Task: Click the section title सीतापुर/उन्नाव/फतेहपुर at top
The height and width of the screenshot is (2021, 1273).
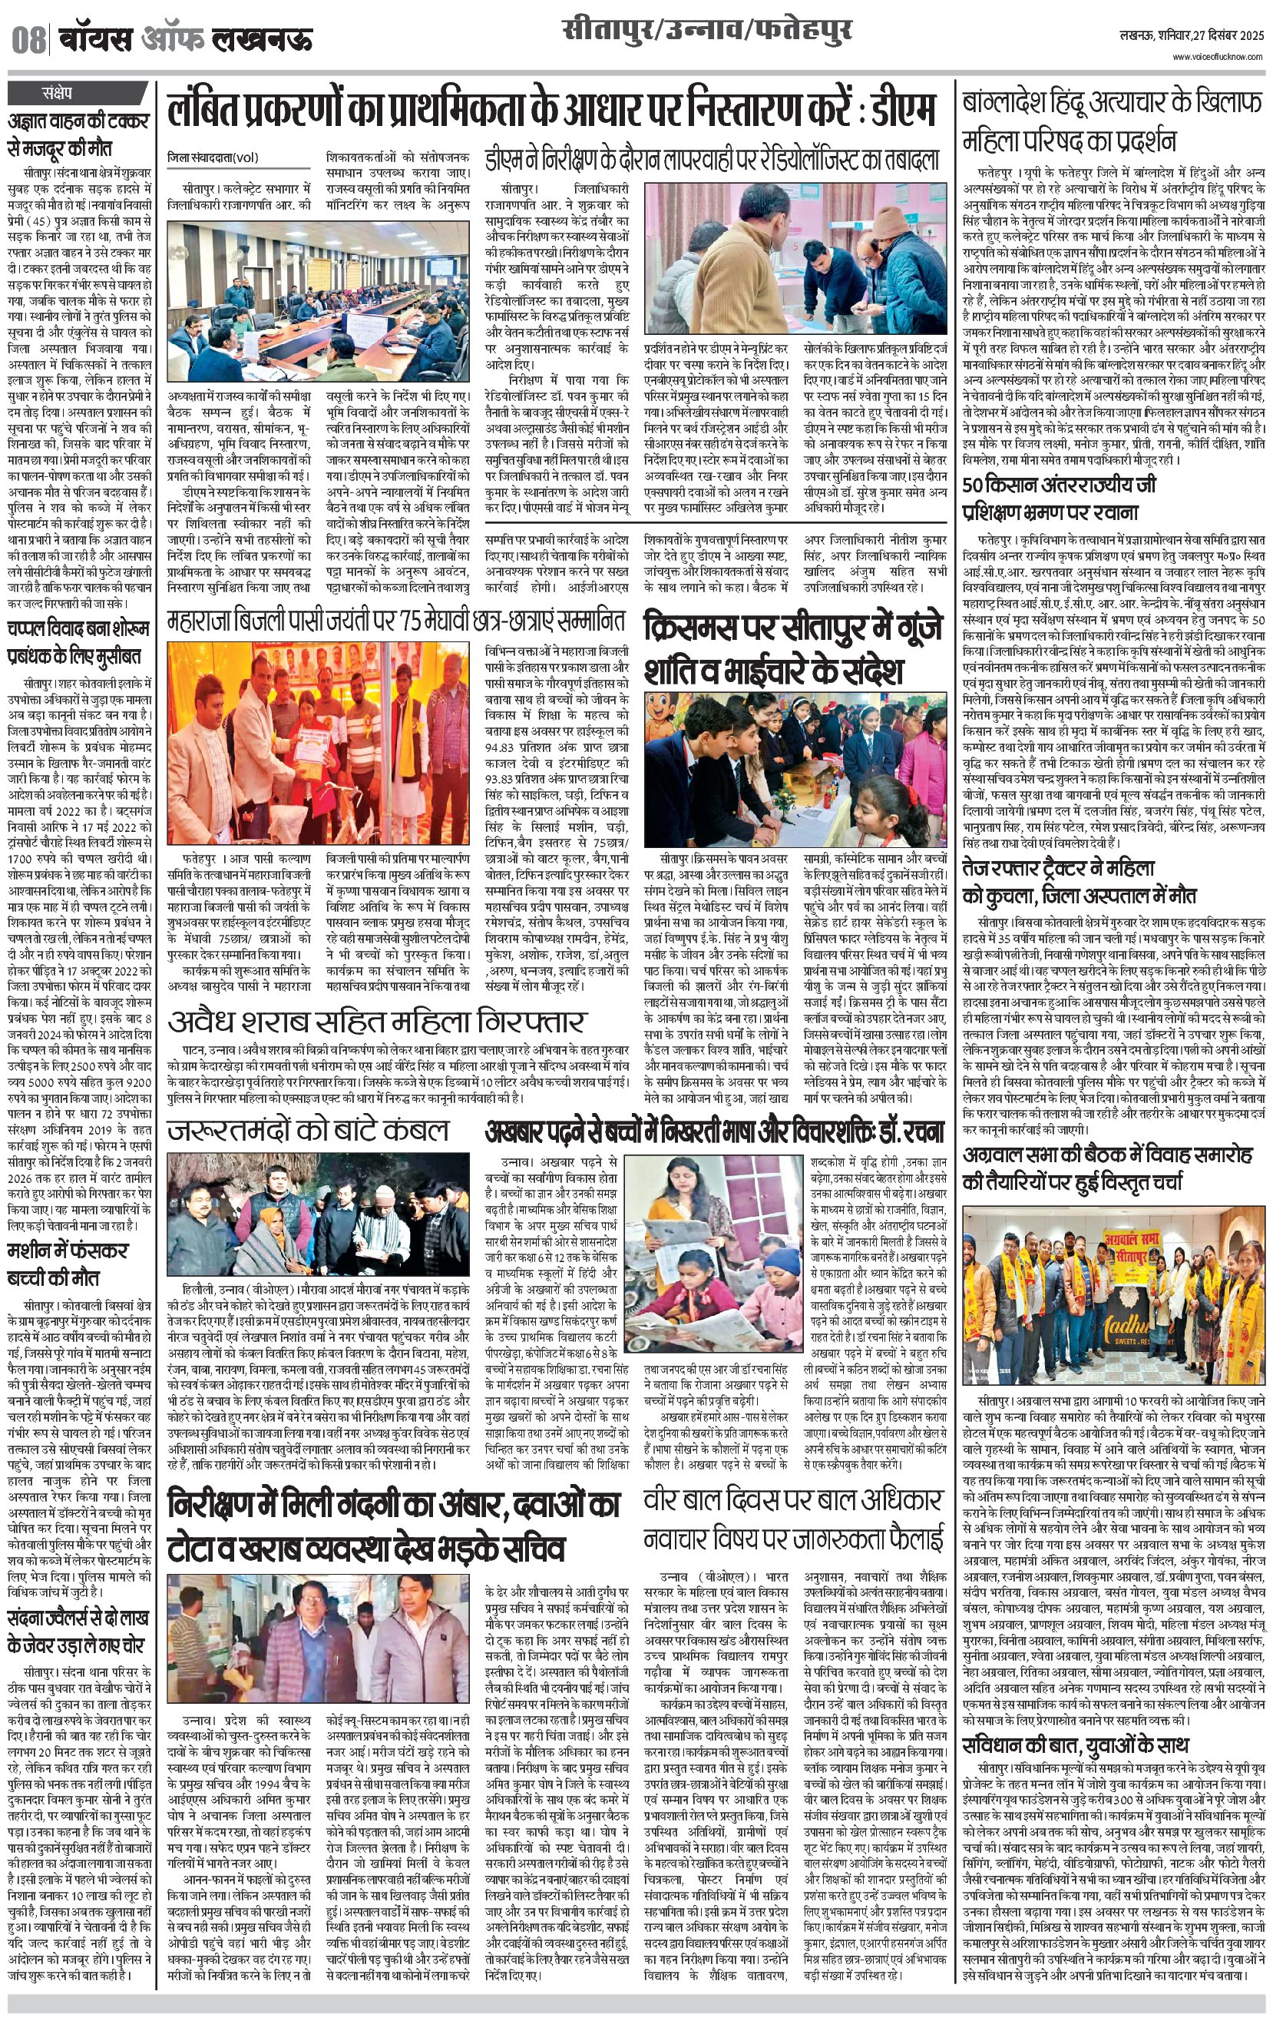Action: click(x=707, y=32)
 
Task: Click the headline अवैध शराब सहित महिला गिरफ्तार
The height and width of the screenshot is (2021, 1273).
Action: click(x=376, y=1022)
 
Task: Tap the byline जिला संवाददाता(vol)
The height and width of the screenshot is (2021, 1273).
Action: click(x=215, y=156)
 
